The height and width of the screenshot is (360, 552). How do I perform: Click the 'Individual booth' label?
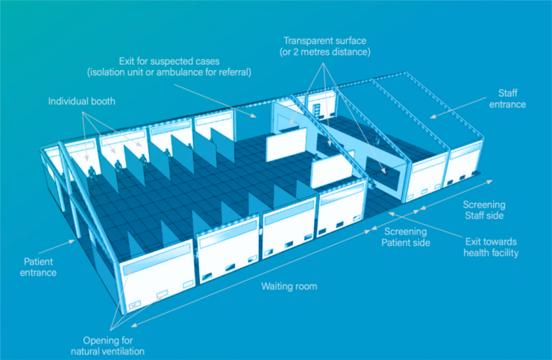(x=82, y=101)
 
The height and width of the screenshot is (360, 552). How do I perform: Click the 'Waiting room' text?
(x=289, y=286)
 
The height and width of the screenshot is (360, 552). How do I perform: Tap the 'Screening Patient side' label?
(x=406, y=237)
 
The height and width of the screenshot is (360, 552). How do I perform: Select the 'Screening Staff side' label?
(x=484, y=209)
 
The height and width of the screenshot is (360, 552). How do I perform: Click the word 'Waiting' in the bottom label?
(x=277, y=286)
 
